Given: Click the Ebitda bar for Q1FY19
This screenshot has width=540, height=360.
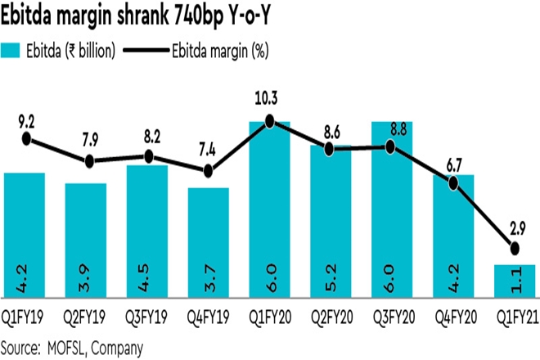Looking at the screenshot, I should (25, 237).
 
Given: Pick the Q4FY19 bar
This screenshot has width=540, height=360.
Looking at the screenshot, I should (209, 245).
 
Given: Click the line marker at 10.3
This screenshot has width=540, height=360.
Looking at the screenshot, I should (270, 122).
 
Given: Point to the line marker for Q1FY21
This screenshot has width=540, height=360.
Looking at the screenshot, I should (515, 248).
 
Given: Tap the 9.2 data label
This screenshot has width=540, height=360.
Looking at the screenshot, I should (26, 121).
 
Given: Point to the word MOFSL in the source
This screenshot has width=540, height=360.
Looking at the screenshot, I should (70, 346).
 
